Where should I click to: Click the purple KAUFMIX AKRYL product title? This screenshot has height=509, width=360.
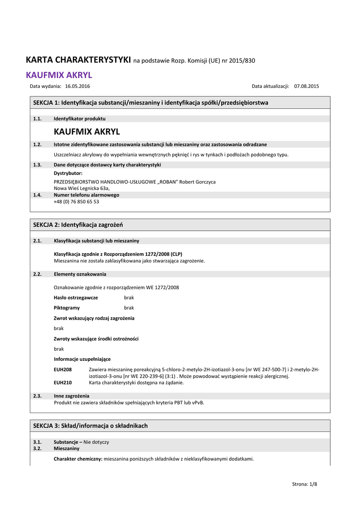pos(59,76)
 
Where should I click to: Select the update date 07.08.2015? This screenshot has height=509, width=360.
pos(306,86)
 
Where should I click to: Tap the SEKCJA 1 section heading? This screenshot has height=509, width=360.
pos(151,103)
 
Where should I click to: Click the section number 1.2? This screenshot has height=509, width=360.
pos(37,145)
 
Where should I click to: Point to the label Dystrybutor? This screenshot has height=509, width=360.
pos(68,173)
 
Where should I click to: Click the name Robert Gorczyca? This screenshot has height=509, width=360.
pos(196,182)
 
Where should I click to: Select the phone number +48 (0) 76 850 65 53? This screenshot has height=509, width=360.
pos(76,202)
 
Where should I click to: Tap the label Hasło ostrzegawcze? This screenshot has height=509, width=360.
pos(76,298)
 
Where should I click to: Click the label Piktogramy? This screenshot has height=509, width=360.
pos(67,308)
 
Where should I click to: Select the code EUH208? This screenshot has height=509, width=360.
pos(63,369)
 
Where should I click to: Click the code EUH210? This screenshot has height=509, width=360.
pos(63,383)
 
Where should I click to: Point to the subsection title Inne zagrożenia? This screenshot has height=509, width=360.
pos(72,396)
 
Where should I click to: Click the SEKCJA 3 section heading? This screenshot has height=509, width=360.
pos(90,426)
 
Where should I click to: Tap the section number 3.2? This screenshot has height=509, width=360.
pos(37,448)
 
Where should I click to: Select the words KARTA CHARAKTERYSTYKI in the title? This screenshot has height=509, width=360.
pos(78,60)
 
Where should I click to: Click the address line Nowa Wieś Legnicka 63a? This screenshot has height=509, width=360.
pos(82,188)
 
